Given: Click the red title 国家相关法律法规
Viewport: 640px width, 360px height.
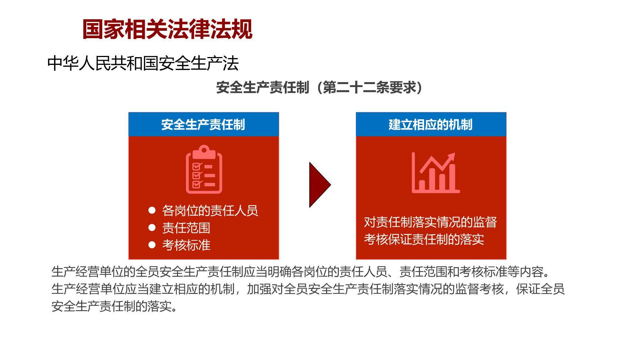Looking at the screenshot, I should (167, 29).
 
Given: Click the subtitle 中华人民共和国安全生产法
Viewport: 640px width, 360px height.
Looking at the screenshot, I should (143, 63).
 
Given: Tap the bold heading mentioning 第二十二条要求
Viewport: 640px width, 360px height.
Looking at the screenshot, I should (319, 88).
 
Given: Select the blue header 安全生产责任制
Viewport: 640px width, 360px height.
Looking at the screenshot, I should (203, 124).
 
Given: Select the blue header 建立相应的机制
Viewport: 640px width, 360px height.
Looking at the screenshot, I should (431, 124).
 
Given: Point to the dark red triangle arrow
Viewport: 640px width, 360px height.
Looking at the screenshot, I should (319, 184).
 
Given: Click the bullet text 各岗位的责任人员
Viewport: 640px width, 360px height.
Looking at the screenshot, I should (210, 210).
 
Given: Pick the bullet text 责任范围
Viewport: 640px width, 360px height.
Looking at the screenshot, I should (186, 228).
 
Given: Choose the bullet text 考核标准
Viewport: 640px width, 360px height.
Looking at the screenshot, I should (186, 245).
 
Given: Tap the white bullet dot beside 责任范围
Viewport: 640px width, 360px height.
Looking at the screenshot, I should (152, 227).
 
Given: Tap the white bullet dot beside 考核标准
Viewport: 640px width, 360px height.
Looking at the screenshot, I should (152, 244).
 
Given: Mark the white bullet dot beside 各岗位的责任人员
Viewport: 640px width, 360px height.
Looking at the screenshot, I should (152, 210).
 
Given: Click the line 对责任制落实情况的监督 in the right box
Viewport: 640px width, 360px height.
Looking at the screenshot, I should (430, 222).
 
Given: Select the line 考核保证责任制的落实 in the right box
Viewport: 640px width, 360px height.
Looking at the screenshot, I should (424, 239).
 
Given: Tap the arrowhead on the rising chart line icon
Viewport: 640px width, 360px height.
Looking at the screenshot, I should (451, 157).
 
